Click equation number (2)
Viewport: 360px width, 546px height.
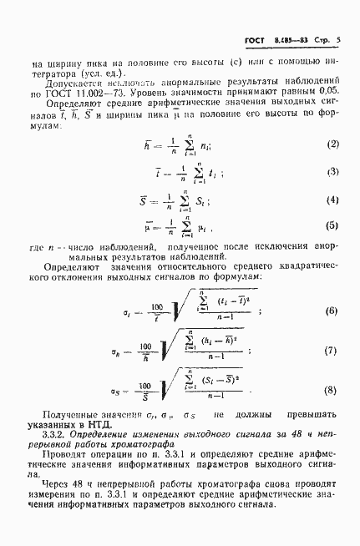pyautogui.click(x=332, y=144)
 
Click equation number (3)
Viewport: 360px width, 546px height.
pyautogui.click(x=332, y=173)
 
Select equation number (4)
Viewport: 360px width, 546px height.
pyautogui.click(x=332, y=200)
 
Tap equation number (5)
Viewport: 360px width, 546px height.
pyautogui.click(x=332, y=226)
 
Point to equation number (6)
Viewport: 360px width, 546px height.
pyautogui.click(x=332, y=311)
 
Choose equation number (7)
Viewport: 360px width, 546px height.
pyautogui.click(x=332, y=351)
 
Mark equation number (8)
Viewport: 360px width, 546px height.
pyautogui.click(x=332, y=390)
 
